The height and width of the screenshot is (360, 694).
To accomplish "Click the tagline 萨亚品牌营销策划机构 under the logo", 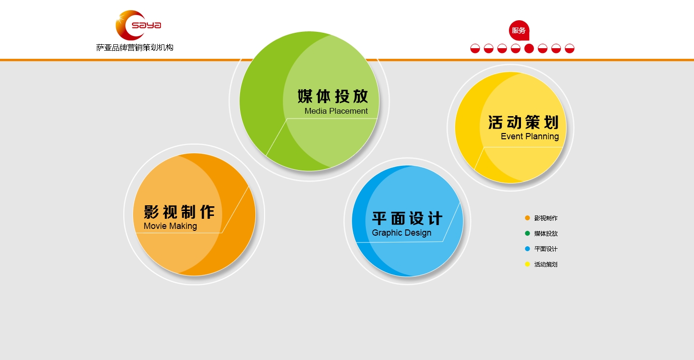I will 134,48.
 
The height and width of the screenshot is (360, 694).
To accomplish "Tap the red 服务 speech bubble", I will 519,30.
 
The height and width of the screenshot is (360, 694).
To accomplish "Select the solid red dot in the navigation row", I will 529,48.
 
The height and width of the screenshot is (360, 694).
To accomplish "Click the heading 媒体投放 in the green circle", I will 333,96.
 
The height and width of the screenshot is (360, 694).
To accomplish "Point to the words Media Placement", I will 336,111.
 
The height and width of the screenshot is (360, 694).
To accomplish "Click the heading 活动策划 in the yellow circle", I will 523,122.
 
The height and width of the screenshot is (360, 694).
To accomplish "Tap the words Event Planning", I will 530,136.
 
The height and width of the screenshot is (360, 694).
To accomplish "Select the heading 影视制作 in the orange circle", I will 179,212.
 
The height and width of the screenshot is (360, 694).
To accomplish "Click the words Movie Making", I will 170,226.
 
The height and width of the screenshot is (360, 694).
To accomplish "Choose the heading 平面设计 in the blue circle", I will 407,219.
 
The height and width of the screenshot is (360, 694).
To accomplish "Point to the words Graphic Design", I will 401,233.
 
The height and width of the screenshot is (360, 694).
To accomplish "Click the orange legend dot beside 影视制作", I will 527,218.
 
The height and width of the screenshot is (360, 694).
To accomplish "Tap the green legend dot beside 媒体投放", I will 527,233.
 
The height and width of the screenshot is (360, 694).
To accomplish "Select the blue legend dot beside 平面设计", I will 527,249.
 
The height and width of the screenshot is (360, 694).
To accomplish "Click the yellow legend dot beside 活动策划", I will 527,264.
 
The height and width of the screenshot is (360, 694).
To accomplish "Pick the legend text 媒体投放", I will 546,234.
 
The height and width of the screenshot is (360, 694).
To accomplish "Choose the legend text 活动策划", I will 546,265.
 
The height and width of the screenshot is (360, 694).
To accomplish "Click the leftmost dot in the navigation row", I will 475,48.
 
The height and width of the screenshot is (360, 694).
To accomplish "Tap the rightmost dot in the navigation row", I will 570,48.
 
